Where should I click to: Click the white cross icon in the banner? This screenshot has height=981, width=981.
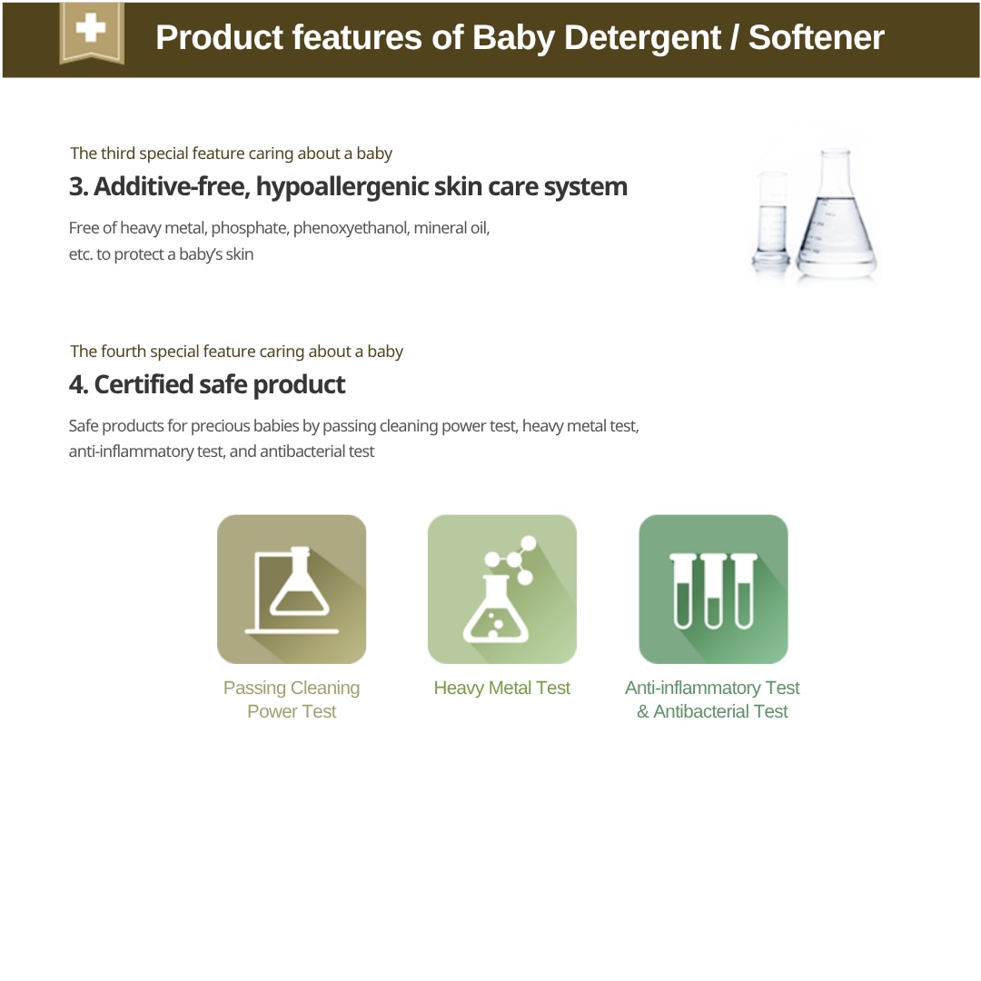pos(91,29)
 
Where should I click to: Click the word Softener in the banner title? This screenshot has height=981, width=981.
pos(816,37)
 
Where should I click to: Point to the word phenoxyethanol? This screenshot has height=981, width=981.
pos(351,228)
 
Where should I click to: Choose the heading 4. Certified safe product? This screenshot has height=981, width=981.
pos(207,384)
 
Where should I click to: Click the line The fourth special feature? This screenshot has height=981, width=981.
pos(236,352)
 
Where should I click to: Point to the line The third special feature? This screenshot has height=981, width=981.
pos(231,154)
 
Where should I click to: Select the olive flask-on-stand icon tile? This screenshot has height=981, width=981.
pos(292,590)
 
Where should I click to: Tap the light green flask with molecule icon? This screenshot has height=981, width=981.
pos(502,590)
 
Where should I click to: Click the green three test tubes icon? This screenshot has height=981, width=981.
pos(713,590)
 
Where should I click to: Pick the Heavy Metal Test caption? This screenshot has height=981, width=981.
pos(502,689)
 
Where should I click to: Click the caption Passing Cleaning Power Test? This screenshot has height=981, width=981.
pos(292,699)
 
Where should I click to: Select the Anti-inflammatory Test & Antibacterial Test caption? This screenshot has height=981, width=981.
pos(712,699)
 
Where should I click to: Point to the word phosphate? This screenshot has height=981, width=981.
pos(250,228)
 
